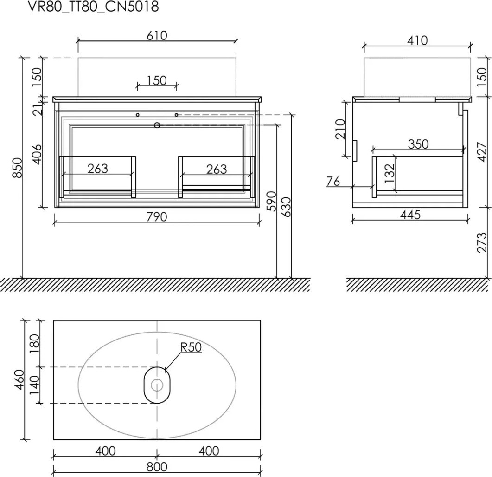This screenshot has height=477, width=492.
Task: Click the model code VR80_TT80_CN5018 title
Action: tap(94, 7)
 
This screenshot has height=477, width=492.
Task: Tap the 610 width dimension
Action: tap(157, 35)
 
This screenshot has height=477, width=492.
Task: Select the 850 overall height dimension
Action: tap(18, 168)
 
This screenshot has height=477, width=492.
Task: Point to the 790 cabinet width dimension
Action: tap(157, 217)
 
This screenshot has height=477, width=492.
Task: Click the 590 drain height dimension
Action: tap(271, 201)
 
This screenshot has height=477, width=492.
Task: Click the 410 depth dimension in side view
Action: tap(417, 40)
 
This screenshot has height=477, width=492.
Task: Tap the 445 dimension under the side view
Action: tap(410, 215)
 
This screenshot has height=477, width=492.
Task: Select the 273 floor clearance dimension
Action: tap(481, 242)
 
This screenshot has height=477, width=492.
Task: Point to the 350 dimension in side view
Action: tap(418, 144)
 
